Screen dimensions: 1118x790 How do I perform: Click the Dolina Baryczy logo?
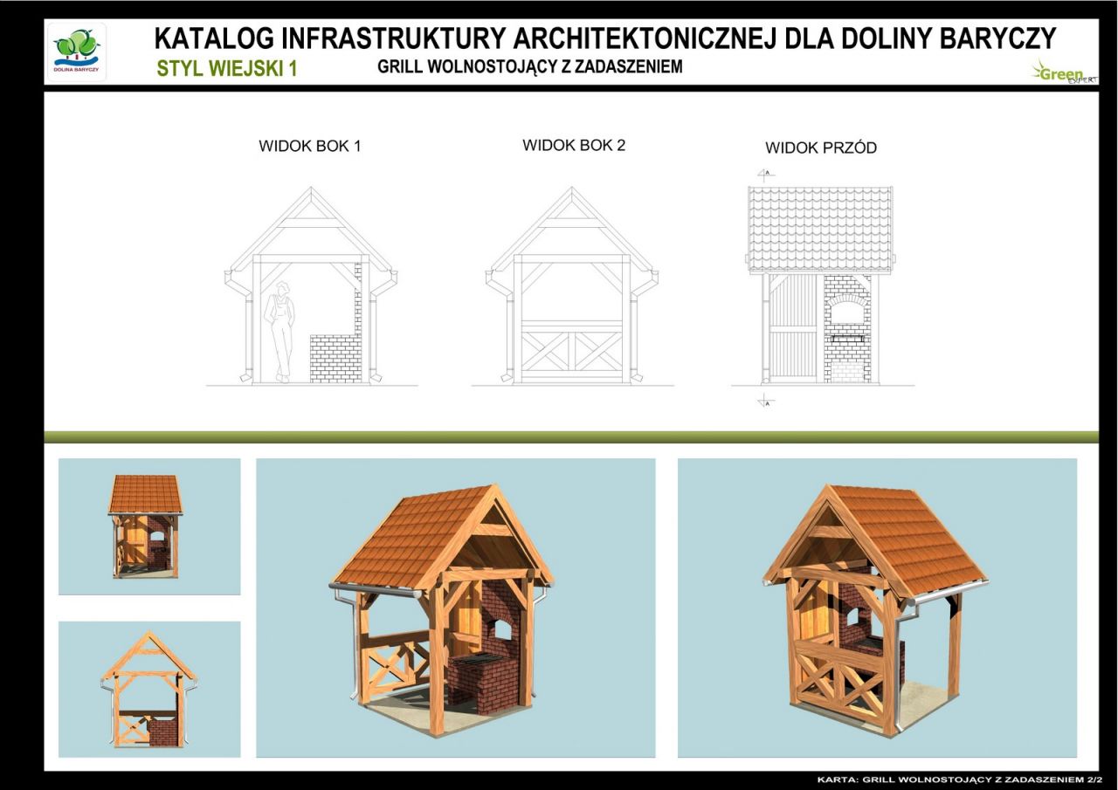coord(77,52)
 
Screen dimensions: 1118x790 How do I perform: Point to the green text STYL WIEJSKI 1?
coord(226,68)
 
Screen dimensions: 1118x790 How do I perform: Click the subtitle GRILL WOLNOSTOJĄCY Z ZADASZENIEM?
coord(530,66)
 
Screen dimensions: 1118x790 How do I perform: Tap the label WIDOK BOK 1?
coord(309,146)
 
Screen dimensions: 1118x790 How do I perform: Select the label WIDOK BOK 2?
coord(574,145)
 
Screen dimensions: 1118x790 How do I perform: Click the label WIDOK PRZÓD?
coord(821,148)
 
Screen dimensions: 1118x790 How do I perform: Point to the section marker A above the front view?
coord(766,174)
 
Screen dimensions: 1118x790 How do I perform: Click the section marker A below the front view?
coord(766,402)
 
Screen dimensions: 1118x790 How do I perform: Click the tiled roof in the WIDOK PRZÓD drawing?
coord(820,230)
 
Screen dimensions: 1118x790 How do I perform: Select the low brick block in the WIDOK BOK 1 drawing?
coord(335,358)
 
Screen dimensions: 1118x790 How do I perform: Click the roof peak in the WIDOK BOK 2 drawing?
coord(572,189)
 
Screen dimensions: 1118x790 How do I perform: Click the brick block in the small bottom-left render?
coord(162,732)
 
